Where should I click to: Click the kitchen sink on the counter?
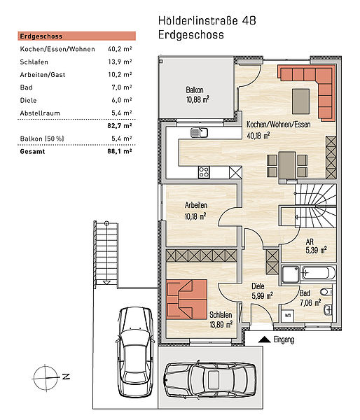click(x=199, y=133)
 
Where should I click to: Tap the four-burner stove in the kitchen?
click(x=204, y=172)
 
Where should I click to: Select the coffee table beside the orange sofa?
click(x=300, y=101)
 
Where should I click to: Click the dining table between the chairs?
click(x=287, y=165)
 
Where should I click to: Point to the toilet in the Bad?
click(x=326, y=292)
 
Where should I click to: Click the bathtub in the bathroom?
click(x=319, y=273)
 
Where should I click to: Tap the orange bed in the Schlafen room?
click(x=186, y=300)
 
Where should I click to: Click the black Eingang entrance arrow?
click(x=264, y=339)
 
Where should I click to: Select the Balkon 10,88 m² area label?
click(x=198, y=94)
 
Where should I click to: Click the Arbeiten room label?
click(x=196, y=205)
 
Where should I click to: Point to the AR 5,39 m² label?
click(x=316, y=246)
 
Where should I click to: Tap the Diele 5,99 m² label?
click(x=262, y=291)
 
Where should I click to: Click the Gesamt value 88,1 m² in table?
click(x=120, y=151)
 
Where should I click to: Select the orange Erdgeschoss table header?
click(x=76, y=36)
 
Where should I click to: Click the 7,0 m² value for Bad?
click(x=122, y=87)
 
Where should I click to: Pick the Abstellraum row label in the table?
click(x=40, y=113)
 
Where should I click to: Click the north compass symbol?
click(x=46, y=378)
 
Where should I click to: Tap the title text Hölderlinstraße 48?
click(x=207, y=20)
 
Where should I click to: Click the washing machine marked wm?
click(x=288, y=316)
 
